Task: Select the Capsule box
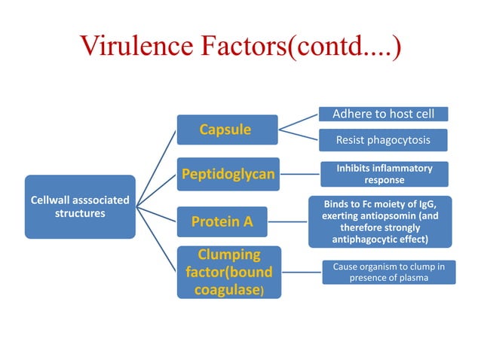tap(225, 130)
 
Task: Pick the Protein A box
tap(222, 221)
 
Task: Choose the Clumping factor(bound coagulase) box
tap(228, 272)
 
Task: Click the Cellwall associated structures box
tap(80, 207)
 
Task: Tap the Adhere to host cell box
tap(384, 114)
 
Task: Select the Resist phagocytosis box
tap(384, 139)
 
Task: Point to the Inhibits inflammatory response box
tap(384, 174)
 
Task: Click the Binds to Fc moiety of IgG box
tap(380, 221)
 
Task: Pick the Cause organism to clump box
tap(389, 272)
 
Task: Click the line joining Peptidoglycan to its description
tap(299, 175)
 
